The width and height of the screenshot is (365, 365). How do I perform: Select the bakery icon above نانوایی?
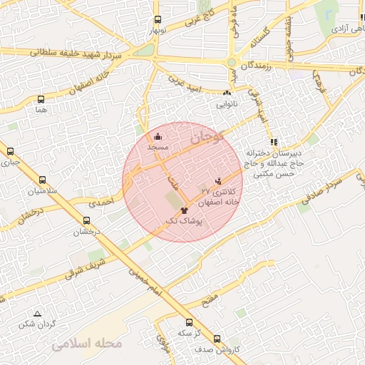point(227,93)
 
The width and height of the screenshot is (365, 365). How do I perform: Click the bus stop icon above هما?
point(41,100)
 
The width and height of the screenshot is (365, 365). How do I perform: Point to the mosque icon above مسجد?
point(158,136)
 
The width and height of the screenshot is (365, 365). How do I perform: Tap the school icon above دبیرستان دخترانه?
point(274,142)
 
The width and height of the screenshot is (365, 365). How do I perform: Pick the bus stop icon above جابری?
point(11,151)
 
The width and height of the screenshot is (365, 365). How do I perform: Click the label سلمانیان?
point(42,191)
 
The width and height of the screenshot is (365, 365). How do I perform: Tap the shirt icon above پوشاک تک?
point(184,211)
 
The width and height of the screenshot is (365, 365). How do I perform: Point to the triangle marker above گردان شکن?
point(37,314)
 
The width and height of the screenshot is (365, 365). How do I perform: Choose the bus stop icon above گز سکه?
point(188,322)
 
